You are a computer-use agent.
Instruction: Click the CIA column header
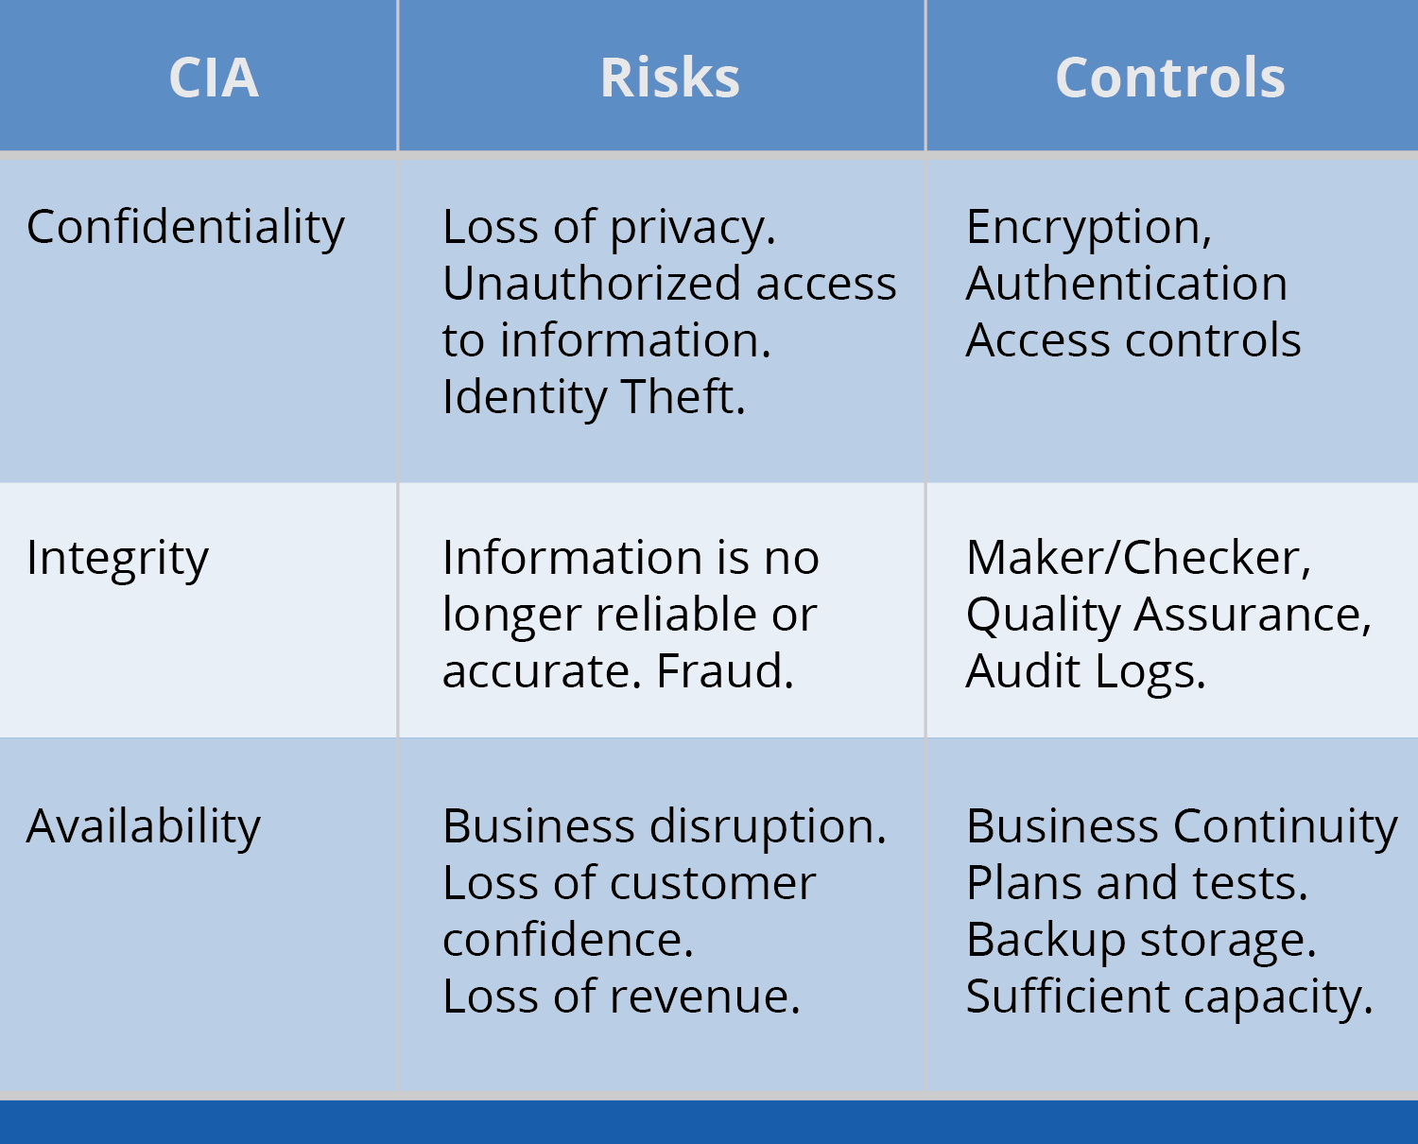(214, 78)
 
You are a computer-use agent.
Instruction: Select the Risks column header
(669, 78)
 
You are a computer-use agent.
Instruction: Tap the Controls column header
(1169, 78)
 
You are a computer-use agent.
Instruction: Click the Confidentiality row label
(185, 228)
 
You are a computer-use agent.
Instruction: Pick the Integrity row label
(117, 559)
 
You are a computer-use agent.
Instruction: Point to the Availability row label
(143, 827)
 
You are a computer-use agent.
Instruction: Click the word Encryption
(1083, 228)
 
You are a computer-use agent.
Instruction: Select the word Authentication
(1126, 284)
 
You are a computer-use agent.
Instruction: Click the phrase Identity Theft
(593, 397)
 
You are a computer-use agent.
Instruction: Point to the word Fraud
(723, 671)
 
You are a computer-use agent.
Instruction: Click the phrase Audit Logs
(1084, 672)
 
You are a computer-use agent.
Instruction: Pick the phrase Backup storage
(1139, 941)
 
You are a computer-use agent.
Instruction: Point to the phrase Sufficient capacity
(1167, 997)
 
